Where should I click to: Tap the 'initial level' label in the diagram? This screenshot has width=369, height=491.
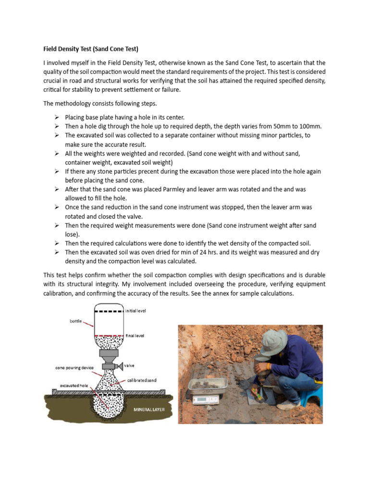[136, 311]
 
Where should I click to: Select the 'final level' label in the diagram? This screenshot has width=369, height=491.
[135, 336]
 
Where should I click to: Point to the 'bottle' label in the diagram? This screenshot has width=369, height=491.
[75, 320]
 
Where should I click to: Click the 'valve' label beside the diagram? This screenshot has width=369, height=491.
[129, 365]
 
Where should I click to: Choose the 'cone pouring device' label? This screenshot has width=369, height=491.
[73, 368]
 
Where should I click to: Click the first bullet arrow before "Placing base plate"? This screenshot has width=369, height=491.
[57, 117]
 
